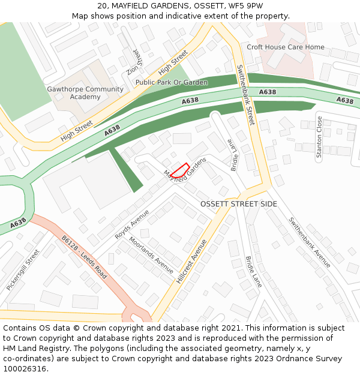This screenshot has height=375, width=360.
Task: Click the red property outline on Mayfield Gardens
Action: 180,170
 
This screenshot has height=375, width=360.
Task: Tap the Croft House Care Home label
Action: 285,47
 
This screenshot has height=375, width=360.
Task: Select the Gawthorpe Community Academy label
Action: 85,93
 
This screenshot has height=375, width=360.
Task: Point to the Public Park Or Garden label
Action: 172,82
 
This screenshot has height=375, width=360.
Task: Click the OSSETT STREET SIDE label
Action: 239,204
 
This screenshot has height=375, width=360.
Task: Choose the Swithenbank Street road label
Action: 246,95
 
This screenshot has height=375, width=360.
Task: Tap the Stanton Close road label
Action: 319,137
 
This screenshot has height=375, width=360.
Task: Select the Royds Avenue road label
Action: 131,224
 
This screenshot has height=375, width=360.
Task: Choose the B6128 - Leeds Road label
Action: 84,257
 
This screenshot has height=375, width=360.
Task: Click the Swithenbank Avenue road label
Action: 309,242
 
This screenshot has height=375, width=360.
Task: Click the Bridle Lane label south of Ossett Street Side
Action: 253,272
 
